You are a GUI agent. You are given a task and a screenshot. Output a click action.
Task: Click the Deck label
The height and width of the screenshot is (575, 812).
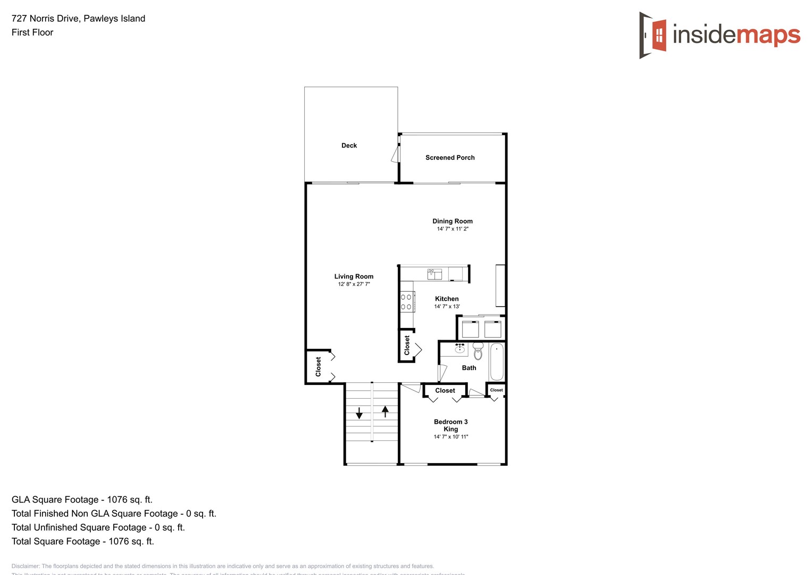[349, 145]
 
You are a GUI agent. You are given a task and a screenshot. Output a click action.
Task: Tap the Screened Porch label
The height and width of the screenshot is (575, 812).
[450, 158]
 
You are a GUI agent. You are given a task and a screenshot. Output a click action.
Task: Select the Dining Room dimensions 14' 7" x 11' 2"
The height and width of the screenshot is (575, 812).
[453, 229]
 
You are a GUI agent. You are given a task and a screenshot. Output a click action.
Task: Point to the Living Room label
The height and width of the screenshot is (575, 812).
[354, 276]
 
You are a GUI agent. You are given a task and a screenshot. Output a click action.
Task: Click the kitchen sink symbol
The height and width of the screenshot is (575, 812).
[434, 274]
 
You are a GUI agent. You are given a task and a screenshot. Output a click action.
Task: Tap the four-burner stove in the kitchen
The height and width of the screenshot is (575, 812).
[406, 302]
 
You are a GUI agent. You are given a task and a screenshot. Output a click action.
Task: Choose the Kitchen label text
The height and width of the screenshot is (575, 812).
[447, 299]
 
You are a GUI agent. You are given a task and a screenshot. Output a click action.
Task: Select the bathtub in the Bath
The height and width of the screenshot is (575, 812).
[497, 362]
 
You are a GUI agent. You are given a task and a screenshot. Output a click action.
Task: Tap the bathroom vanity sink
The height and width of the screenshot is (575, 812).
[460, 349]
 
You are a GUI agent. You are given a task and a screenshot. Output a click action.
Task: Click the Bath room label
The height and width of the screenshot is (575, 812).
[469, 368]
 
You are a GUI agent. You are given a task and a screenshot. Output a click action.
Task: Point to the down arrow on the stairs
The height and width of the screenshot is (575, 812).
[359, 413]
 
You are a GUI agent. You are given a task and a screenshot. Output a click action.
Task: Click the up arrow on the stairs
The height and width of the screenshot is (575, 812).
[385, 411]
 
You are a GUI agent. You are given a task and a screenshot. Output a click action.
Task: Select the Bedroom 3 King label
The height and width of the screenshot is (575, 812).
[451, 425]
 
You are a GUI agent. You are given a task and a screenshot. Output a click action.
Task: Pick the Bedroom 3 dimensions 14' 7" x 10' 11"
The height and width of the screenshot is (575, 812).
[451, 437]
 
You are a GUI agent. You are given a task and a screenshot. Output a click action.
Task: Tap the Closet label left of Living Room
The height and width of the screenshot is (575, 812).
[318, 367]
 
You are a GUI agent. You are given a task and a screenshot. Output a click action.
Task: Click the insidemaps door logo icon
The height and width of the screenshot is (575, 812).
[654, 35]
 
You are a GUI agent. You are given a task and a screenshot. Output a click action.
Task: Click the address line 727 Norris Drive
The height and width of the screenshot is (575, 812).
[78, 19]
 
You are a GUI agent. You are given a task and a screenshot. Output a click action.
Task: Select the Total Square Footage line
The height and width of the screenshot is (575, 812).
[82, 541]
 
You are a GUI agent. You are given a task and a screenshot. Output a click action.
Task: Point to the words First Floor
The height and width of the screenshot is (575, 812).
[32, 32]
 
